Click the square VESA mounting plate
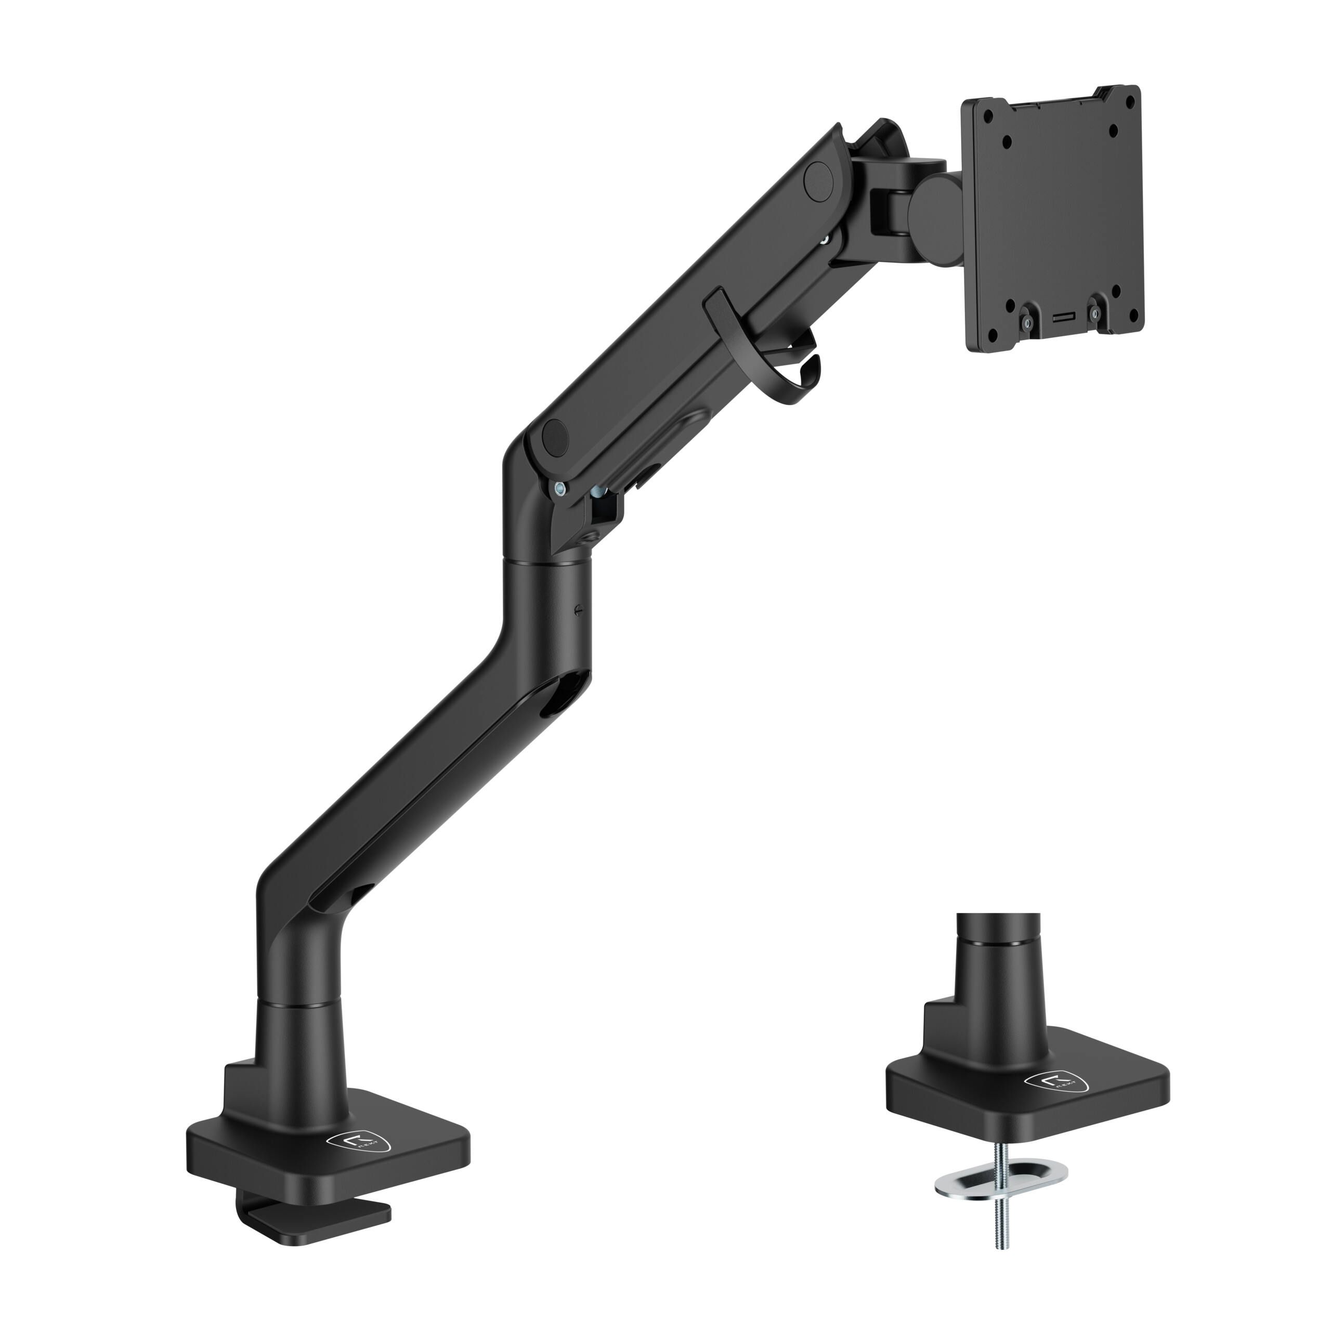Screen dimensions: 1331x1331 pyautogui.click(x=1052, y=220)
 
